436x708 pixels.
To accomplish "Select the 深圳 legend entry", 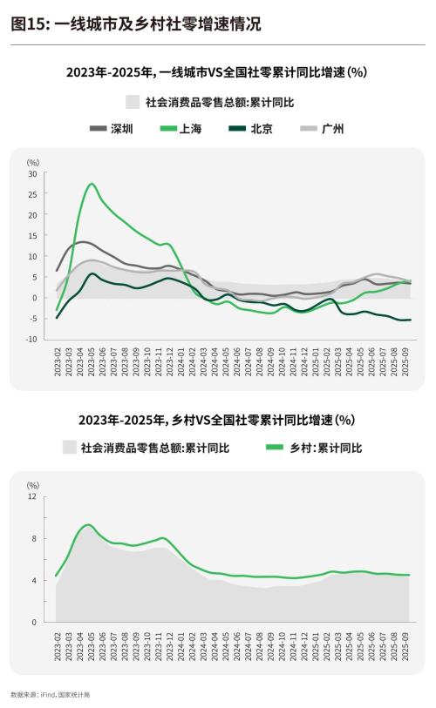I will (112, 129).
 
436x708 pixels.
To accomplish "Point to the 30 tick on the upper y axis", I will (32, 173).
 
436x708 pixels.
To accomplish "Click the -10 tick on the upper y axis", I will (31, 339).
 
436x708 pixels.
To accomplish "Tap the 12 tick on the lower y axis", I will (32, 496).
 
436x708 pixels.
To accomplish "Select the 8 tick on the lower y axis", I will (34, 538).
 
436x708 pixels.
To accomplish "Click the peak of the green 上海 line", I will (92, 184).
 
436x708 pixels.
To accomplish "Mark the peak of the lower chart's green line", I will (87, 524).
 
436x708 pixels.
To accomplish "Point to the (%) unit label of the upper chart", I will (32, 162).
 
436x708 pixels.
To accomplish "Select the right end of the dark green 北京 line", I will (410, 320).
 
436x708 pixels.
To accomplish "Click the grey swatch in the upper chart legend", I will (133, 103).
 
